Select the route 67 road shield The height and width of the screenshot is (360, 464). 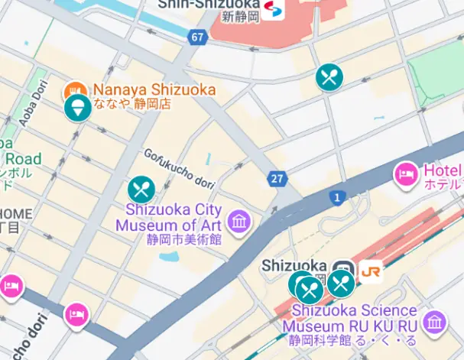pos(198,37)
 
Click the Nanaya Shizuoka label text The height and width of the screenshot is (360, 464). pos(154,89)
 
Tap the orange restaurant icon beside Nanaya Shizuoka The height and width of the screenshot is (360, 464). pos(75,89)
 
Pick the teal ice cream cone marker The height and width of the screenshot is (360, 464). pos(77,108)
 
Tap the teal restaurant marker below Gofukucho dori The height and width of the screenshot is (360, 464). pos(141,190)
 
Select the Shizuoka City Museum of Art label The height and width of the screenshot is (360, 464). pos(168,218)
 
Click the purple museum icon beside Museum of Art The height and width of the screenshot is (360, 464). pos(240,222)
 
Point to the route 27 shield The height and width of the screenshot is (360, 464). pos(277,179)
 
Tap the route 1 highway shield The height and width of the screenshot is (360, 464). pos(336,198)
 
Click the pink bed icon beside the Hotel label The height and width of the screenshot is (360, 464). pos(407,175)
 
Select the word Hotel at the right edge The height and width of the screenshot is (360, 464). pos(443,170)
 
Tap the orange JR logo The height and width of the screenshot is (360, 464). pos(372,271)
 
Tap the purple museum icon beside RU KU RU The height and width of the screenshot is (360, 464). pos(434,323)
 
